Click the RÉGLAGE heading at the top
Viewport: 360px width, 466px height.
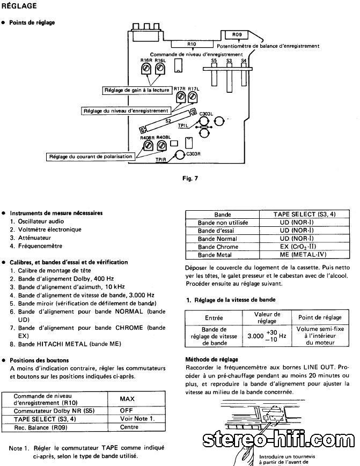click(x=20, y=6)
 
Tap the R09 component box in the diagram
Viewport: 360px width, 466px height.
click(x=237, y=35)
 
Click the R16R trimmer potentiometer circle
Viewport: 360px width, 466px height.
click(x=145, y=70)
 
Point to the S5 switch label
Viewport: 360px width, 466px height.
click(x=214, y=61)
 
